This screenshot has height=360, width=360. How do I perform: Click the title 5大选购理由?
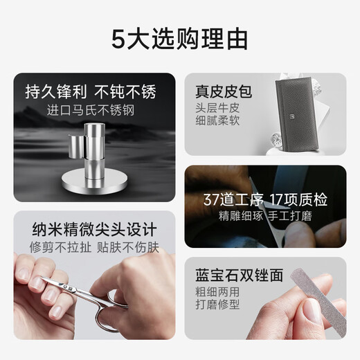[179, 39]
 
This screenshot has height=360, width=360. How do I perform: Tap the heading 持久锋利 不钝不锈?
[91, 92]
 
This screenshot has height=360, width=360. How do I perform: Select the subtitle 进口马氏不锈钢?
[91, 110]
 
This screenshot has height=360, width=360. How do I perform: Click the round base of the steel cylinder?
[94, 182]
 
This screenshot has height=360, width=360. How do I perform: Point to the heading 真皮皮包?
[224, 91]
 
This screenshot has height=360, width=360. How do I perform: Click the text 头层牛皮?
[217, 108]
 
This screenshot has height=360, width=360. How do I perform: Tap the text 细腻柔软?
[217, 120]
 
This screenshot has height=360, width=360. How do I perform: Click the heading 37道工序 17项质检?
[265, 199]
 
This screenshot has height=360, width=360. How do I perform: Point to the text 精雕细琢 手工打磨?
[265, 216]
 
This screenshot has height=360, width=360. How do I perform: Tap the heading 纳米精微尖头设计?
[94, 229]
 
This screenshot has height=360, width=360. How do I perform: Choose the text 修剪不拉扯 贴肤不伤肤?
[94, 247]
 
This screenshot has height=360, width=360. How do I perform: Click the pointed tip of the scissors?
[41, 278]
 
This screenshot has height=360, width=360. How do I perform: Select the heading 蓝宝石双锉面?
[239, 275]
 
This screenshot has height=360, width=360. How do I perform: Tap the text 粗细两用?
[217, 291]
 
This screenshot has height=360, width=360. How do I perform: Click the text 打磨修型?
[217, 304]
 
